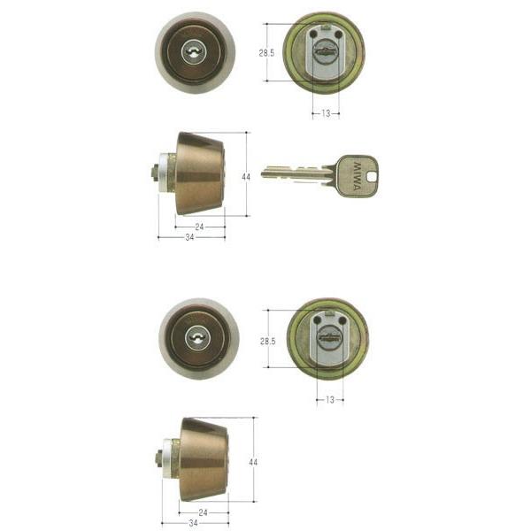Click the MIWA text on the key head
tap(357, 176)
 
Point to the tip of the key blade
tap(263, 174)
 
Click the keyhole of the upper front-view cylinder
tap(194, 52)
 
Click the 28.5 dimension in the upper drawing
tap(266, 53)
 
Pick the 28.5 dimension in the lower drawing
tap(267, 342)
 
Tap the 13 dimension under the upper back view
tap(326, 113)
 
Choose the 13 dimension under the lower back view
tap(330, 400)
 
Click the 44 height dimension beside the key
tap(246, 177)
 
